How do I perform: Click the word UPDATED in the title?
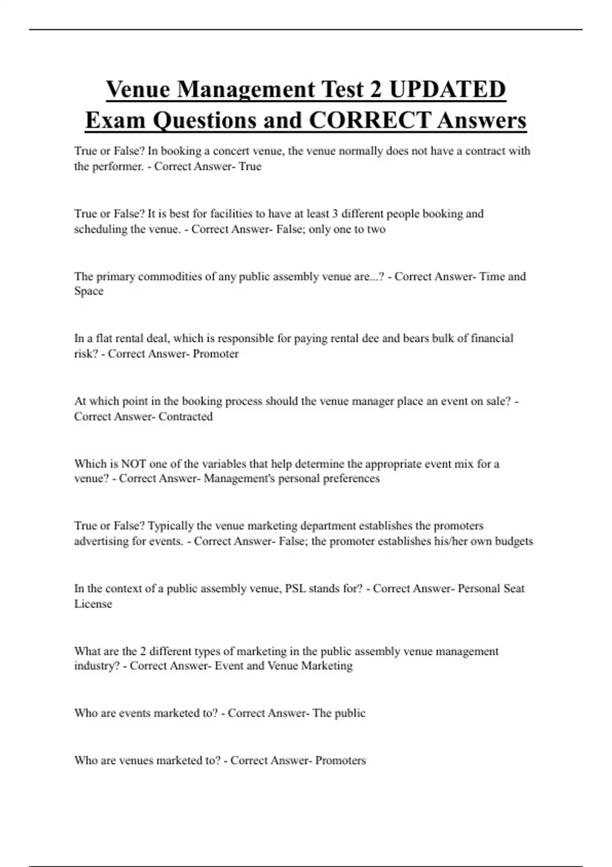(x=447, y=89)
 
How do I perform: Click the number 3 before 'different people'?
(x=335, y=214)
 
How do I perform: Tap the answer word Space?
(x=89, y=291)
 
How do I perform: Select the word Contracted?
(x=185, y=417)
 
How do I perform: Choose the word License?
(x=93, y=604)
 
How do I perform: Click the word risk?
(x=85, y=354)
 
